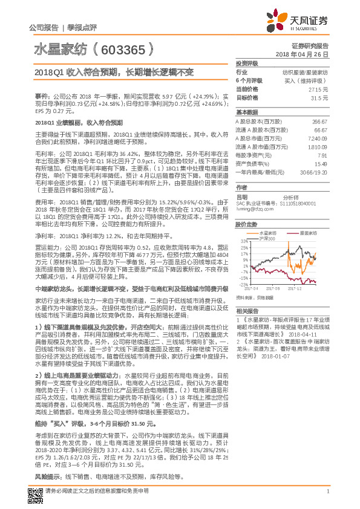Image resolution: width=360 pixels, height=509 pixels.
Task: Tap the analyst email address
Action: (257, 209)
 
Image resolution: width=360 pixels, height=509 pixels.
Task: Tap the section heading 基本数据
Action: (246, 112)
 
